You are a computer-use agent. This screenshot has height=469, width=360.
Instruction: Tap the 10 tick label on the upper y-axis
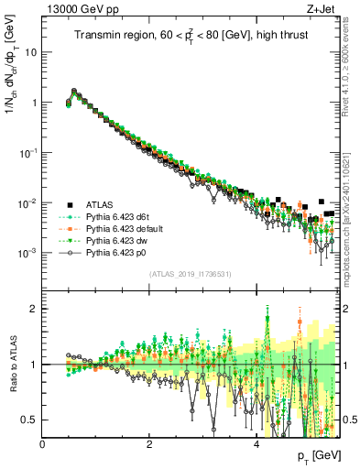(x=30, y=52)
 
